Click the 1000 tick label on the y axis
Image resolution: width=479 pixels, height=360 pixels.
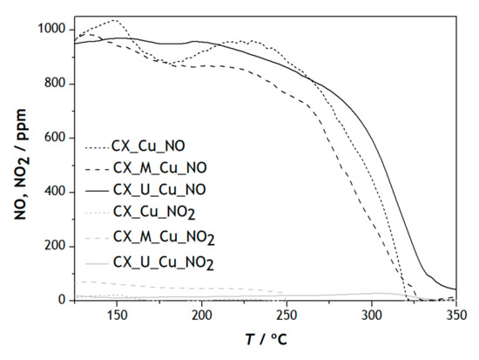tap(52, 30)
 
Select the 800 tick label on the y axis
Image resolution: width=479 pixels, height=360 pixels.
tap(57, 84)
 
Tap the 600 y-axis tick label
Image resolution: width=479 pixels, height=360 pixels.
tap(57, 138)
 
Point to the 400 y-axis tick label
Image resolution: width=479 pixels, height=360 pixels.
tap(57, 192)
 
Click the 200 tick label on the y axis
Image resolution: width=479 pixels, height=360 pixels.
tap(57, 246)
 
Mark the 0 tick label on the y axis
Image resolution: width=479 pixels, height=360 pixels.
tap(64, 300)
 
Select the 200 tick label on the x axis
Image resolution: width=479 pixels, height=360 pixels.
tap(201, 316)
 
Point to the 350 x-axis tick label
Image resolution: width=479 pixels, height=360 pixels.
tap(455, 316)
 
